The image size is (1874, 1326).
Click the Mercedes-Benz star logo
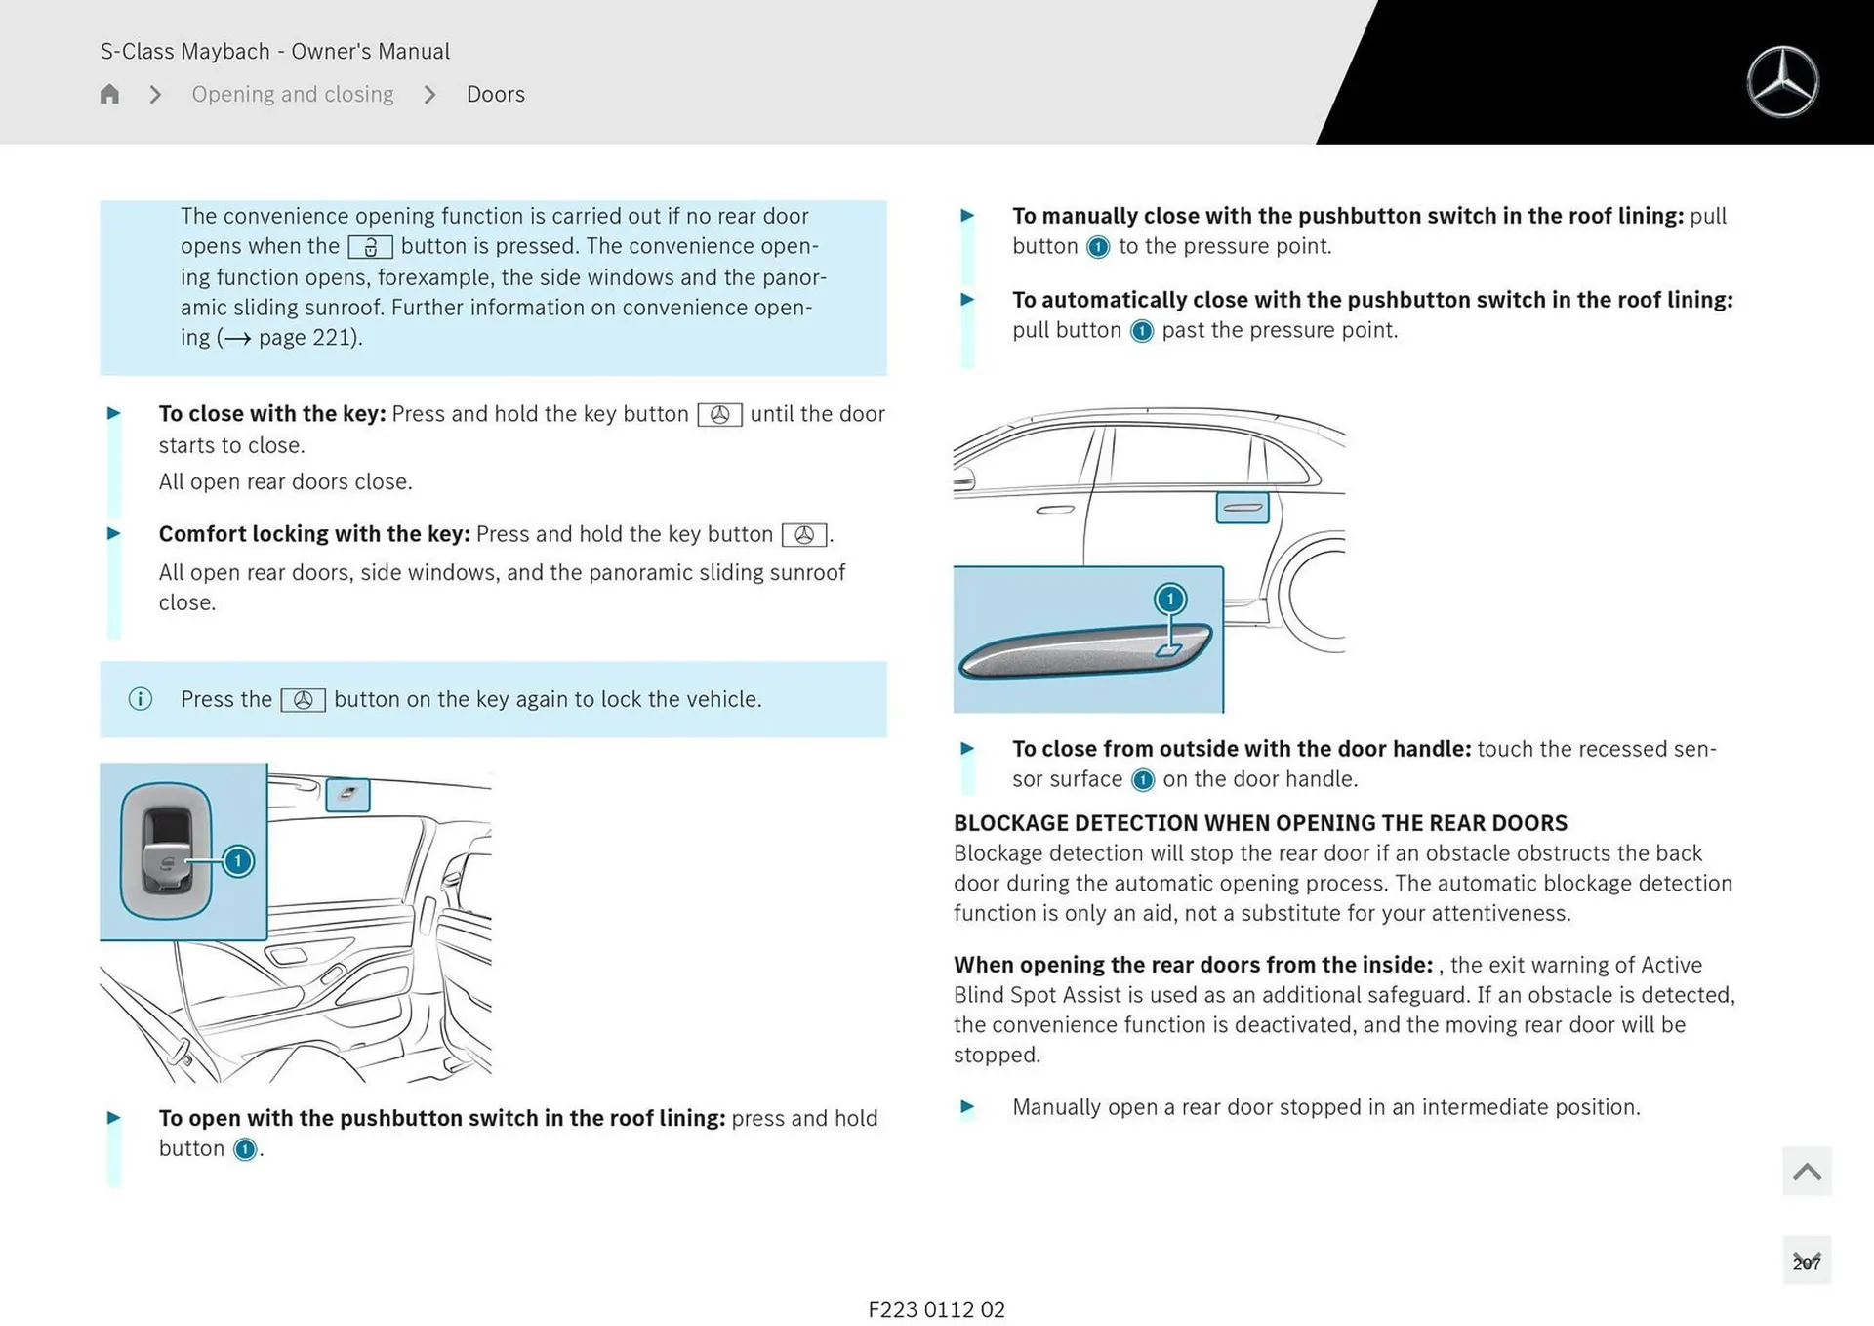tap(1782, 82)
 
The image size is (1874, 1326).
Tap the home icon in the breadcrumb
tap(109, 94)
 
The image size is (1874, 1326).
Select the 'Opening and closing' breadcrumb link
tap(292, 94)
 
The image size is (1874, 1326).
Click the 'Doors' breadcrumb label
tap(495, 94)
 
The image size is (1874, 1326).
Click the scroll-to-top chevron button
tap(1806, 1171)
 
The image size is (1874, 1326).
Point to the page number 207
tap(1806, 1263)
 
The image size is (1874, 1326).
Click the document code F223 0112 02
tap(936, 1309)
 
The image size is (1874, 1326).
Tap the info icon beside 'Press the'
tap(141, 699)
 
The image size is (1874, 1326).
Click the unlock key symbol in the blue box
tap(370, 247)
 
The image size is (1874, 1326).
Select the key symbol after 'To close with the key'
tap(719, 415)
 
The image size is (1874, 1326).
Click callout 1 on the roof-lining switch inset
tap(237, 861)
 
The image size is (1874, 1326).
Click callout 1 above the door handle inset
tap(1170, 599)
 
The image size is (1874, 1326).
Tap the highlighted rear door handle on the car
tap(1242, 508)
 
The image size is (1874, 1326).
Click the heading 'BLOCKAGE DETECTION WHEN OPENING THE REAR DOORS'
tap(1260, 823)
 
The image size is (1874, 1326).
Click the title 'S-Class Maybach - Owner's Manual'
tap(275, 51)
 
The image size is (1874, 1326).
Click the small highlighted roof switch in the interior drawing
tap(347, 795)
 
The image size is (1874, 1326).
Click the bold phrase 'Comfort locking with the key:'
tap(314, 534)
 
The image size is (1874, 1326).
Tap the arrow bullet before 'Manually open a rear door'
tap(967, 1107)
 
